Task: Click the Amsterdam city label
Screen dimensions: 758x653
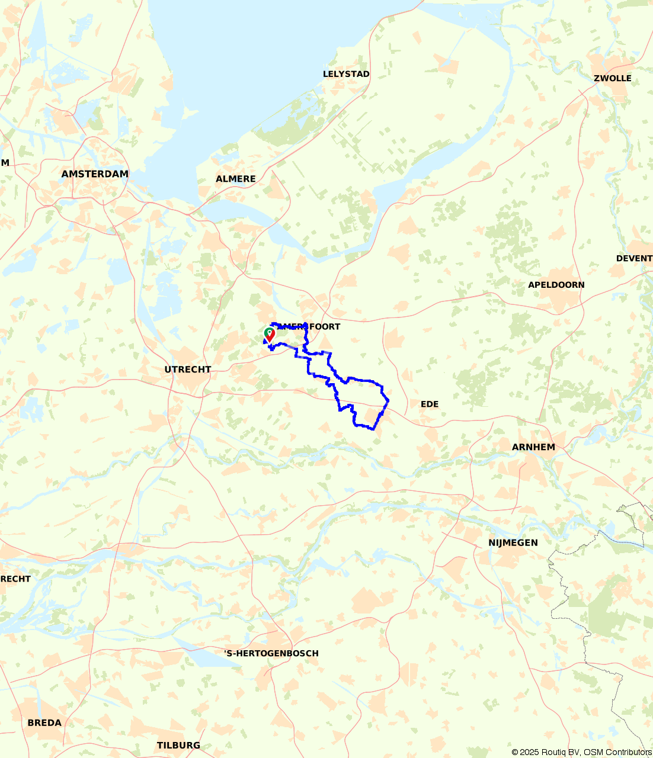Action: click(x=95, y=174)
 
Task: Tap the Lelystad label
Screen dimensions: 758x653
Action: click(x=346, y=74)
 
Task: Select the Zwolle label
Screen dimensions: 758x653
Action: click(x=612, y=78)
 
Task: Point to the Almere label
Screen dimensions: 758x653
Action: click(x=235, y=179)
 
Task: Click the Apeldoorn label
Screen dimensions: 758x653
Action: click(x=556, y=285)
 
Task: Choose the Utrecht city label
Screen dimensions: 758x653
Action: click(x=187, y=370)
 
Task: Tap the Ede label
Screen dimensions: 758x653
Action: click(x=429, y=404)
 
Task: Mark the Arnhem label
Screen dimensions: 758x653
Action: click(x=533, y=447)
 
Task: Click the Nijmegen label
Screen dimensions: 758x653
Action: click(x=513, y=542)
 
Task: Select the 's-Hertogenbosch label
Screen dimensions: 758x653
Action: click(x=271, y=653)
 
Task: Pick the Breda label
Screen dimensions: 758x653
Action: click(x=44, y=722)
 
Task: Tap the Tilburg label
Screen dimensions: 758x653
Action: click(x=178, y=745)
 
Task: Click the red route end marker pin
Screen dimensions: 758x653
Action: click(x=270, y=335)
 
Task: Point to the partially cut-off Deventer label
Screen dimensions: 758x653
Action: click(x=634, y=258)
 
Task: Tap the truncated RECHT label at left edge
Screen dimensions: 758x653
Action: click(x=15, y=579)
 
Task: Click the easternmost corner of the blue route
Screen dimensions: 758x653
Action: click(x=388, y=401)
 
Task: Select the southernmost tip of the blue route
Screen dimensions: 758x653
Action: click(x=373, y=429)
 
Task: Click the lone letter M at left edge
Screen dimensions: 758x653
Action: click(x=5, y=162)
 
